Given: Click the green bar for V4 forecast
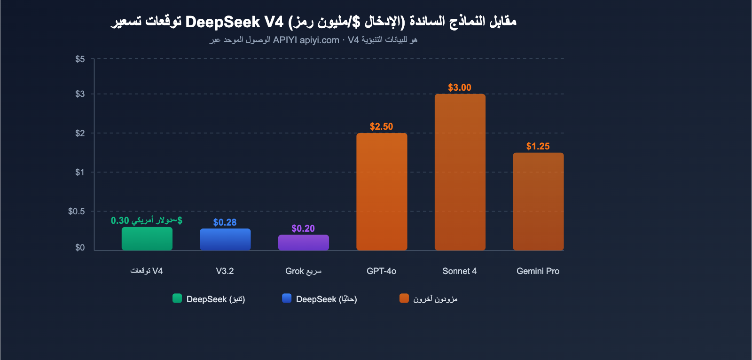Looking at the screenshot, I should tap(147, 239).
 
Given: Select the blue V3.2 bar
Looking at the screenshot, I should tap(225, 239).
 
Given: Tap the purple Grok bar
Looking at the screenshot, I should tap(303, 243).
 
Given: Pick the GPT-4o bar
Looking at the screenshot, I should tap(382, 192).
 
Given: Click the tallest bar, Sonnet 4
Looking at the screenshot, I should tap(460, 172).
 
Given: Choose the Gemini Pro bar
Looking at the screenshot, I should tap(538, 201).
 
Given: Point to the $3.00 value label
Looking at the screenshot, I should tap(459, 87).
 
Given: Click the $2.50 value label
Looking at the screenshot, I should tap(381, 126).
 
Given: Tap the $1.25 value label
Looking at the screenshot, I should tap(538, 146).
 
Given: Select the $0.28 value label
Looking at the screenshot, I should tap(225, 222).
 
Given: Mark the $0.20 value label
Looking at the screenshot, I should tap(303, 228).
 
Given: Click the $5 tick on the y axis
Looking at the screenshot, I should tap(80, 59).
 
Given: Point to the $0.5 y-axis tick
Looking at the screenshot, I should tap(77, 211).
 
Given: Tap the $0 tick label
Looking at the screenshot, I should tap(80, 247).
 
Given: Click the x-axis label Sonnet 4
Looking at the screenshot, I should tap(459, 271).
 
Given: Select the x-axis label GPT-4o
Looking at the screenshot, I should tap(381, 271).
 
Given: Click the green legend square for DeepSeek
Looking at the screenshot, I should tap(177, 298).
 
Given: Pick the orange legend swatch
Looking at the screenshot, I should tap(404, 298).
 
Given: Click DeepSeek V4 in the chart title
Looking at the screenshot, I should tap(234, 22).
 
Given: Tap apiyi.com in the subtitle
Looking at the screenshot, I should tap(319, 40).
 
